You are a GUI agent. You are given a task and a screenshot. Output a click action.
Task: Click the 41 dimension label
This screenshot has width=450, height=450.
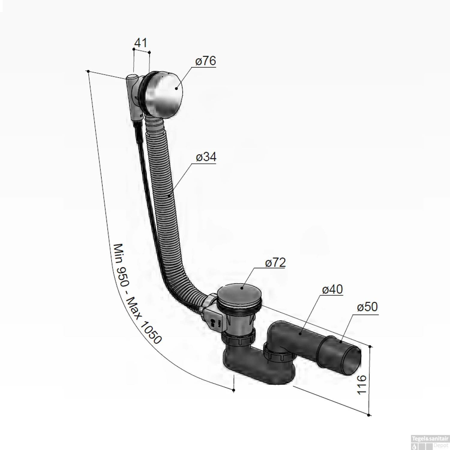(141, 43)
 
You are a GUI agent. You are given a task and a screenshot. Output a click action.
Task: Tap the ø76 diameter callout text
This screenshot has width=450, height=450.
(205, 61)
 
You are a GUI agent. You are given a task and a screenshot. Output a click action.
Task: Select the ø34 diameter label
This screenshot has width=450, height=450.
(206, 157)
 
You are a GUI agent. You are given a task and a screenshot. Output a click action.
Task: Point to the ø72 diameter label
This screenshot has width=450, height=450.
(275, 262)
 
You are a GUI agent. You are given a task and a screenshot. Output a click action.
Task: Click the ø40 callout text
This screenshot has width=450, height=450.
(332, 289)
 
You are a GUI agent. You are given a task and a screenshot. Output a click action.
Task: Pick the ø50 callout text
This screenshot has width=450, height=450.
(367, 307)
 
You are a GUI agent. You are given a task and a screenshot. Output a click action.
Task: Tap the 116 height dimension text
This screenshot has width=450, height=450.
(362, 385)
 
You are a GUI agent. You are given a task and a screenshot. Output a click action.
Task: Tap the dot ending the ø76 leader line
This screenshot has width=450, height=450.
(176, 88)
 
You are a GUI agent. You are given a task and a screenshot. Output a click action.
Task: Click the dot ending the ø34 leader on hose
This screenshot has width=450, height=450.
(169, 196)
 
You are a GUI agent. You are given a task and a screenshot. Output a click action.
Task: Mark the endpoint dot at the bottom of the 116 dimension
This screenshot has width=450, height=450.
(369, 415)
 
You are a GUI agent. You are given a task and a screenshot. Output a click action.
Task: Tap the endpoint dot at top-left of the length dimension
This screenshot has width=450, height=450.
(88, 71)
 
